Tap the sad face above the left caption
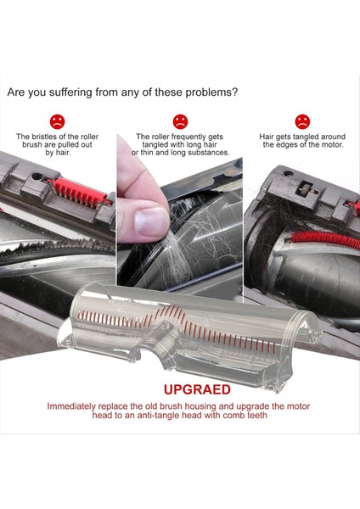(x=57, y=121)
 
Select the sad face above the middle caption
(x=180, y=121)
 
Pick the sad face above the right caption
(x=302, y=121)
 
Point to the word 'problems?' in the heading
(x=210, y=92)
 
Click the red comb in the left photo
(x=84, y=186)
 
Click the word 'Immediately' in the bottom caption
(x=74, y=406)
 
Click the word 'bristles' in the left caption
(x=46, y=137)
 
